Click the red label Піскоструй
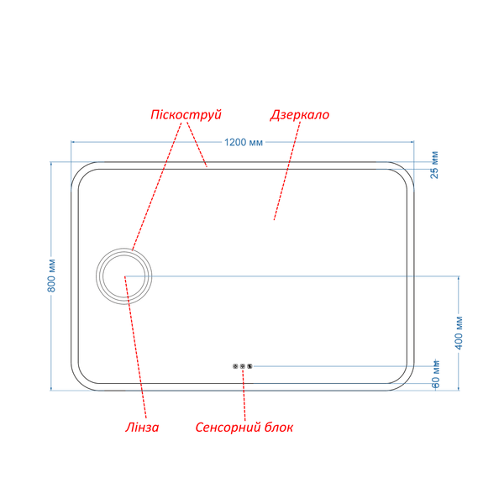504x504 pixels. pos(186,115)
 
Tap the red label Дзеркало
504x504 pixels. pos(300,115)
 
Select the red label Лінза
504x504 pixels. pos(142,428)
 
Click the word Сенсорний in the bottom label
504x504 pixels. pos(228,428)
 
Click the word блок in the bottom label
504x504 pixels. pos(279,428)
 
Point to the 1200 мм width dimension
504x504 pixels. pos(244,142)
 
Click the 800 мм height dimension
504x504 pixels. pos(51,276)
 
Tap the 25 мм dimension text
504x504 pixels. pos(434,165)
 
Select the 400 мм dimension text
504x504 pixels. pos(459,333)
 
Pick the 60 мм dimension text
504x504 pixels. pos(435,374)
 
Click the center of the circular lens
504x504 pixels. pos(124,276)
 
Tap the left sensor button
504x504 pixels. pos(235,366)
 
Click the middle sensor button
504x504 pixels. pos(243,366)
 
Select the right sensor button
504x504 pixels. pos(249,366)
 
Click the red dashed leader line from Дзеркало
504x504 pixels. pos(287,171)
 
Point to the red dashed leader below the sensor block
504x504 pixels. pos(244,395)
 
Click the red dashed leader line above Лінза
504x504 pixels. pos(135,347)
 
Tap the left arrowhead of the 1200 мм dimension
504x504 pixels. pos(72,141)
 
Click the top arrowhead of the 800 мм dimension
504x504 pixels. pos(51,164)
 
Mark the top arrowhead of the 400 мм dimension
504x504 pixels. pos(459,278)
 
